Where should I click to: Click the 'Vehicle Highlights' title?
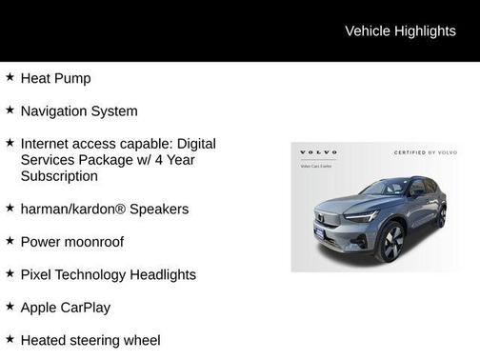[x=400, y=30]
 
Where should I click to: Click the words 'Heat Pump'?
[x=55, y=78]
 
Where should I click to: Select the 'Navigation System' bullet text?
[x=79, y=110]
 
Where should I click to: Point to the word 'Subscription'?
[x=59, y=176]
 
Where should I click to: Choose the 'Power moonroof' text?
[x=71, y=242]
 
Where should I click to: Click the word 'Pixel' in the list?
[x=37, y=274]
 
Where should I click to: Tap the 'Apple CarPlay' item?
[x=65, y=308]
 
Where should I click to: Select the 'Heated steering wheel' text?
[x=90, y=340]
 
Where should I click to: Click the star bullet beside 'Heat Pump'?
[x=10, y=77]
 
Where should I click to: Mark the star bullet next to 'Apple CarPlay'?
[x=10, y=307]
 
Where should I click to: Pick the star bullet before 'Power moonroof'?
[x=10, y=241]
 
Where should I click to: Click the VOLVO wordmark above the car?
[x=319, y=152]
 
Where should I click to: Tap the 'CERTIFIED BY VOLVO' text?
[x=426, y=152]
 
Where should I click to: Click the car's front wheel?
[x=390, y=241]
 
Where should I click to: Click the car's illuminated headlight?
[x=363, y=216]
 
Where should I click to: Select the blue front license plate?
[x=320, y=232]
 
